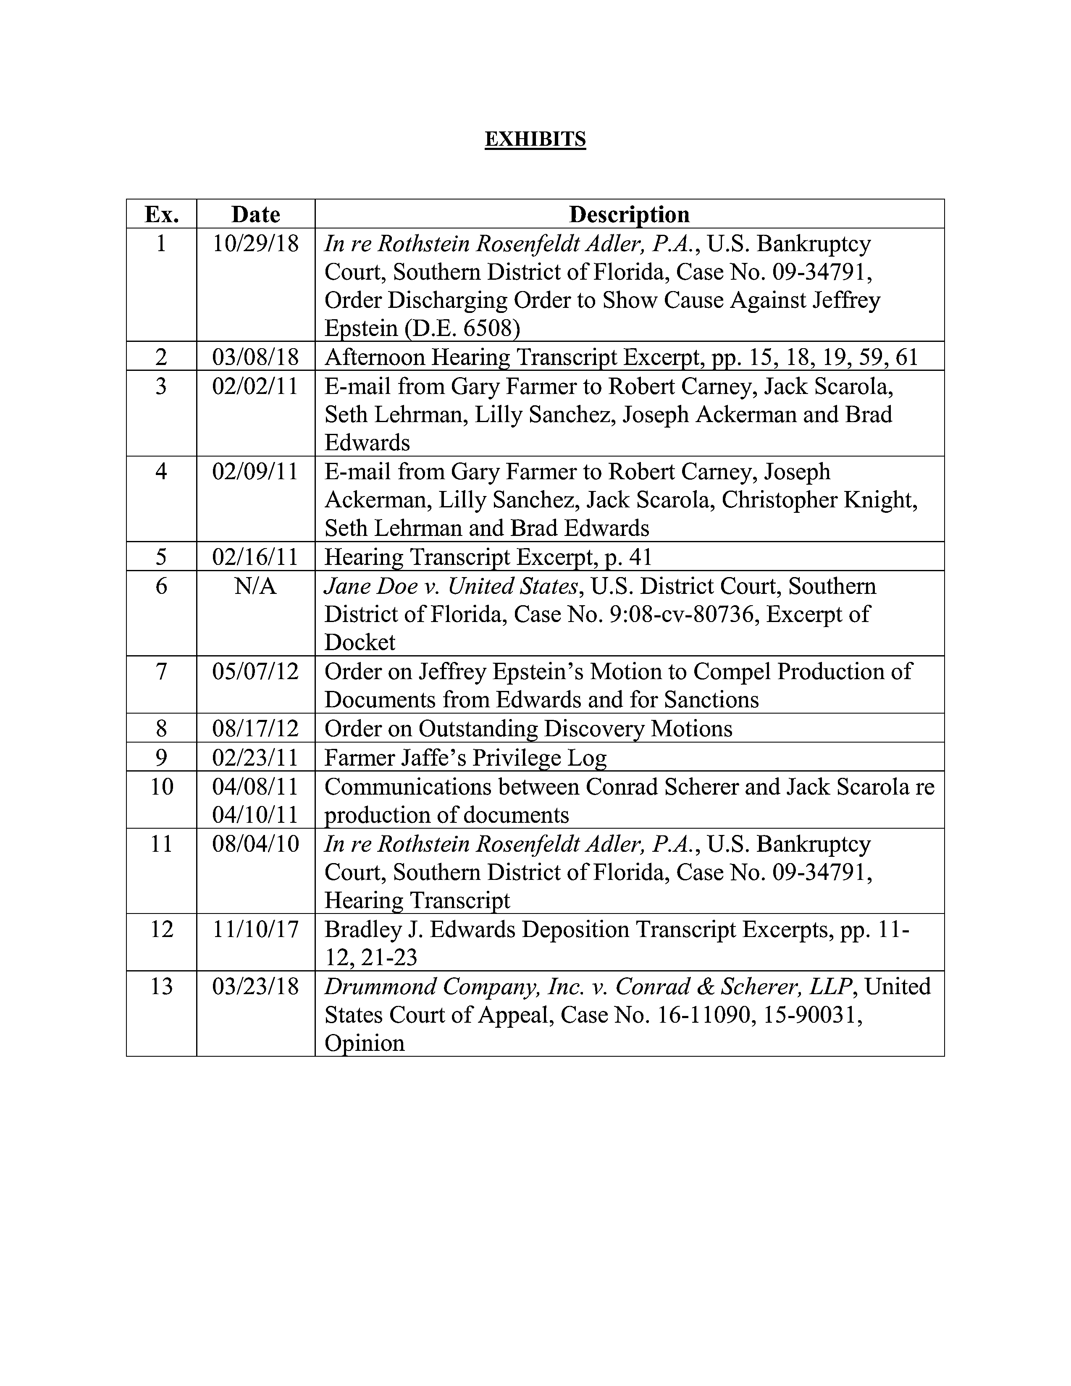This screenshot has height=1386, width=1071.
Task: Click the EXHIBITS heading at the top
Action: point(535,139)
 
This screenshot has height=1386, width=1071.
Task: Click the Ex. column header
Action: point(161,215)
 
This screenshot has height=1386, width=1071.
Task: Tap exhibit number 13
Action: point(161,986)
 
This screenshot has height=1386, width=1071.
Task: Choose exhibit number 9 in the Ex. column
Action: point(161,758)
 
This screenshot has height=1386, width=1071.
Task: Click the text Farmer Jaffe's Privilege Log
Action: point(465,758)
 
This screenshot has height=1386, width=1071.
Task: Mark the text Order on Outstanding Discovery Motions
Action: point(528,729)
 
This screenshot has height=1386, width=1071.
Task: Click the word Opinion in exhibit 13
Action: point(364,1043)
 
